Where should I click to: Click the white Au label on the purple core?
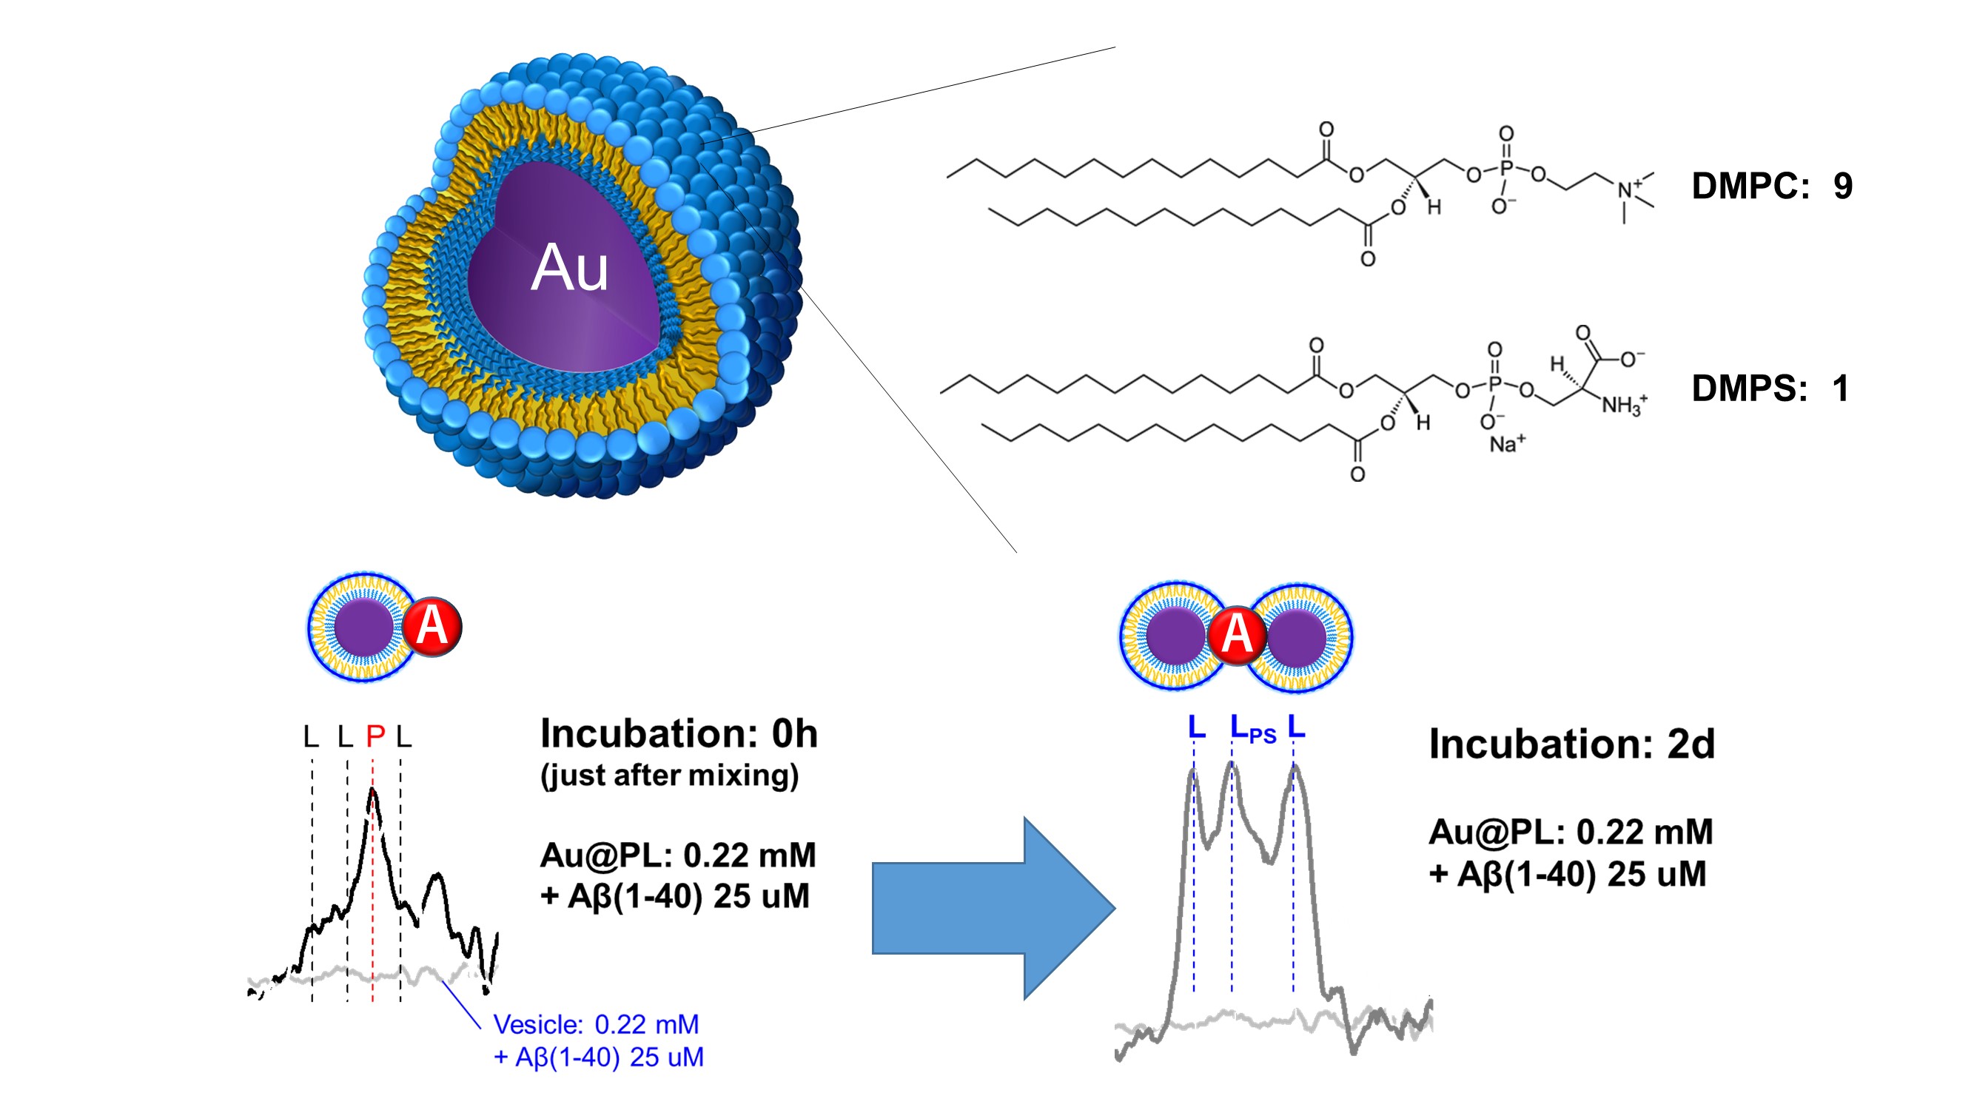[569, 268]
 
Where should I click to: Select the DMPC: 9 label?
[1771, 186]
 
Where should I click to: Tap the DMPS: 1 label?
[1770, 388]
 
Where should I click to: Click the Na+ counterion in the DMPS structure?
[1506, 443]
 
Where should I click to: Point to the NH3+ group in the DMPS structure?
[1623, 404]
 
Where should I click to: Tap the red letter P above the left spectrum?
[375, 737]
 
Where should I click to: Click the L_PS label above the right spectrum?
[1252, 730]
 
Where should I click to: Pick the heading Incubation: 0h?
[679, 734]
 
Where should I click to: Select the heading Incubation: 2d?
[1571, 744]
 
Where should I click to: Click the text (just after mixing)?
[670, 776]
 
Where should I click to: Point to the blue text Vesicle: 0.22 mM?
[595, 1024]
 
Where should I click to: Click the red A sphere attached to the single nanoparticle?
[432, 627]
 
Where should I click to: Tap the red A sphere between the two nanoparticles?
[1235, 634]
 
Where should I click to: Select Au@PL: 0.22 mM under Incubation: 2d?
[1570, 832]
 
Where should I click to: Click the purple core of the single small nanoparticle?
[364, 628]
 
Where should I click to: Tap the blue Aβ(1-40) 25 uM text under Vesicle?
[599, 1058]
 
